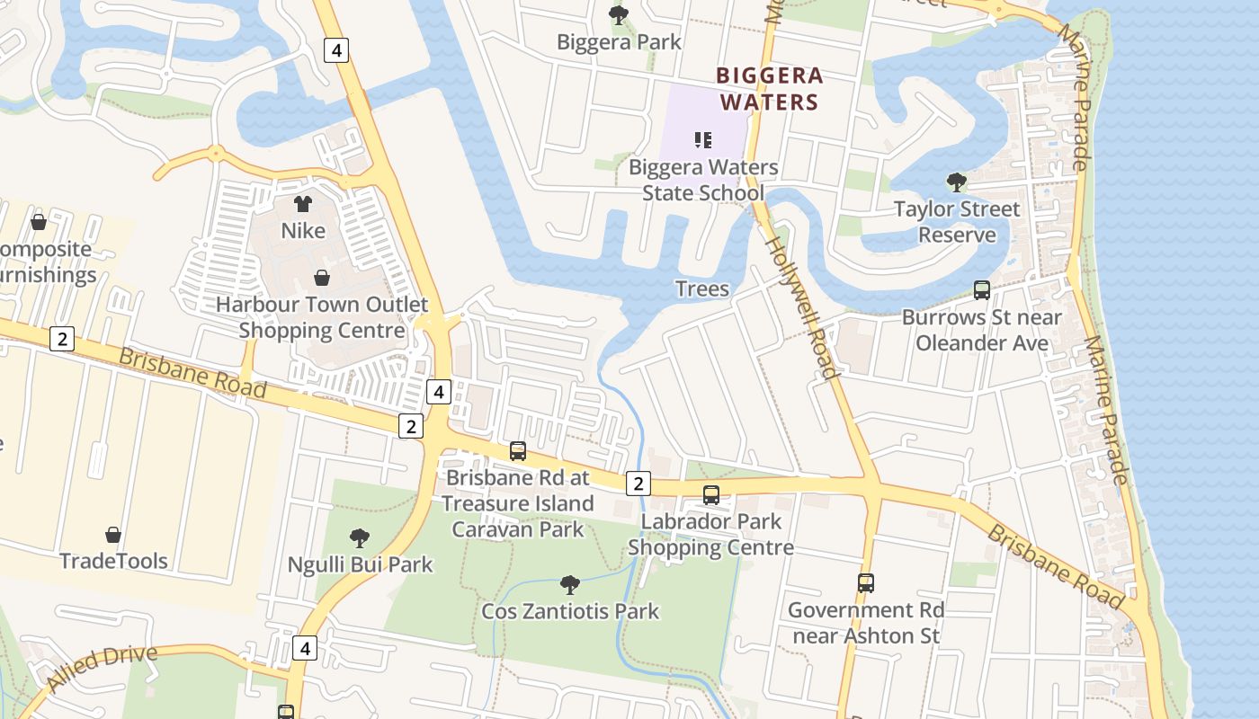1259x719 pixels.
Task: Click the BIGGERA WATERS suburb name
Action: click(769, 88)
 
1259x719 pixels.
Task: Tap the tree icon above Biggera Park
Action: click(619, 14)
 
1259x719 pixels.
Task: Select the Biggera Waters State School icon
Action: click(703, 140)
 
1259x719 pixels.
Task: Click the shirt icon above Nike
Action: click(303, 204)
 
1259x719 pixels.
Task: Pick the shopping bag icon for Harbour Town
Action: click(321, 278)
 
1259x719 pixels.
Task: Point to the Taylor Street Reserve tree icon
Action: click(957, 182)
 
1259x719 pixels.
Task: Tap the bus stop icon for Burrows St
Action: click(982, 290)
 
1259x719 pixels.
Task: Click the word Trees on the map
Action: click(701, 288)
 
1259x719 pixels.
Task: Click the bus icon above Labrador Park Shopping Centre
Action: click(711, 494)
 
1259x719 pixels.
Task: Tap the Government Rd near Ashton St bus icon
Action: click(865, 582)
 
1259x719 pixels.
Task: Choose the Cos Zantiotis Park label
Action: click(570, 611)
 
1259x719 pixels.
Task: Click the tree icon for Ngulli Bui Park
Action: click(360, 538)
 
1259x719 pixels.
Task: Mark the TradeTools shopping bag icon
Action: click(113, 535)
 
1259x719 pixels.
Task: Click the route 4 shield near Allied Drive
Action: click(306, 647)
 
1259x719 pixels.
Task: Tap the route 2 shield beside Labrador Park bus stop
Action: click(638, 484)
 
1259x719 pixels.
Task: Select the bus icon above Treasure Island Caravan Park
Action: click(518, 451)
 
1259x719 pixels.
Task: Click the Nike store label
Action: click(303, 231)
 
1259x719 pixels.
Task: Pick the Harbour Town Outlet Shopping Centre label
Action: click(322, 317)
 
